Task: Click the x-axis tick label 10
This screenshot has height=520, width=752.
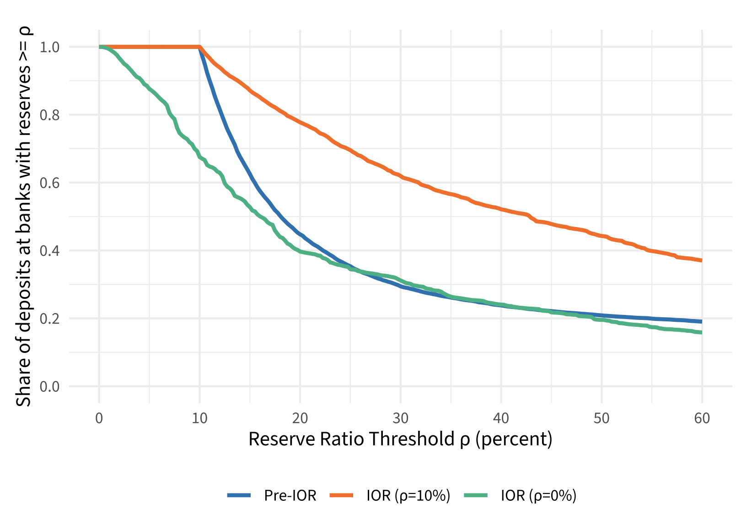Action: click(199, 418)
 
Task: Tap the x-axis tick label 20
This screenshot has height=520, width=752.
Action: click(300, 418)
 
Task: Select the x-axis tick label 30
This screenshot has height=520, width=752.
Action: click(401, 418)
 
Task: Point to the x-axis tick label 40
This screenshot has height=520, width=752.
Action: click(501, 418)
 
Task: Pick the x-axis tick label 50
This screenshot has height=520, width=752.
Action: click(602, 418)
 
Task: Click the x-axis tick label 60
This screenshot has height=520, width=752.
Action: click(702, 418)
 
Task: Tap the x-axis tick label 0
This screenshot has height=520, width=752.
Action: click(99, 418)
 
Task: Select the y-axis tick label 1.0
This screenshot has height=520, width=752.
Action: click(49, 47)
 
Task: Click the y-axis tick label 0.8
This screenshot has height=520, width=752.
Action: click(49, 115)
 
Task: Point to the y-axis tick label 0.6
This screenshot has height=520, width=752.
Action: click(49, 183)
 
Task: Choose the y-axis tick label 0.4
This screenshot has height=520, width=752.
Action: click(49, 251)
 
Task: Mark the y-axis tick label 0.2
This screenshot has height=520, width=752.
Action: click(49, 319)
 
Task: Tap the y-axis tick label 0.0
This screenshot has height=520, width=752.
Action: click(49, 386)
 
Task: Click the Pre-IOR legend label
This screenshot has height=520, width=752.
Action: click(290, 495)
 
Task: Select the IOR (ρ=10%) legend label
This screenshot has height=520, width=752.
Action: click(408, 495)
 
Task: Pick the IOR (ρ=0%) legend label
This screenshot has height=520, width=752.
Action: click(538, 495)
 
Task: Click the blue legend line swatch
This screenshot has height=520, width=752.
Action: click(239, 495)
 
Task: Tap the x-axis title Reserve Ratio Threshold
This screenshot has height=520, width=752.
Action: click(400, 439)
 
